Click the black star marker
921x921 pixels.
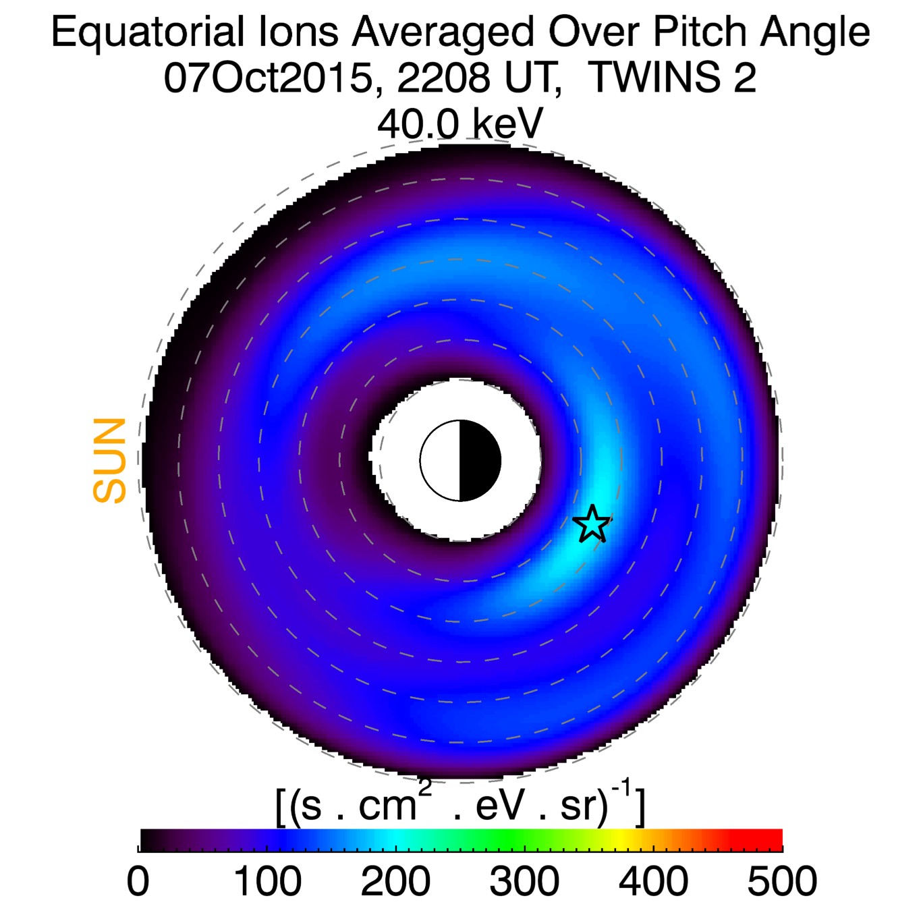click(x=592, y=524)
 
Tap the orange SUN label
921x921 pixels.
click(x=110, y=461)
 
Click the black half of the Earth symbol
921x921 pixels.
click(x=480, y=461)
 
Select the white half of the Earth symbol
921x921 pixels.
click(x=441, y=461)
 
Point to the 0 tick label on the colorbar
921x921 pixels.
click(x=138, y=881)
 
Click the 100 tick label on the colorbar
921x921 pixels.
click(x=267, y=881)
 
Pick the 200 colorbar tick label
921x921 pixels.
click(x=395, y=881)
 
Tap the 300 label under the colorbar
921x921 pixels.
click(x=524, y=881)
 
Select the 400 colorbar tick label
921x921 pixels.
click(x=653, y=881)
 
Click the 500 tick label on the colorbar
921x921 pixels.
click(x=782, y=881)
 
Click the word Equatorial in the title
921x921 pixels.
click(x=147, y=32)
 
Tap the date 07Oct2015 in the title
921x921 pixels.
click(x=268, y=78)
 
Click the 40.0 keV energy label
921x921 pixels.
click(x=460, y=124)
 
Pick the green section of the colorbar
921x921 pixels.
click(x=486, y=839)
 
